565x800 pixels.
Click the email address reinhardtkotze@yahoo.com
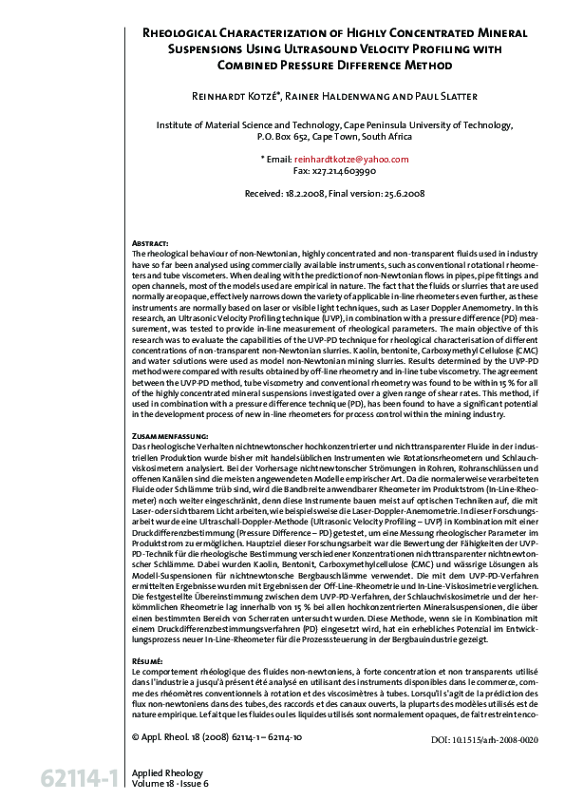(344, 159)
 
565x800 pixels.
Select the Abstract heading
(149, 243)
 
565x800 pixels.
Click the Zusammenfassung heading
(169, 434)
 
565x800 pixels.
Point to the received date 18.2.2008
(303, 193)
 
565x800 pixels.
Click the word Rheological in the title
(184, 32)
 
